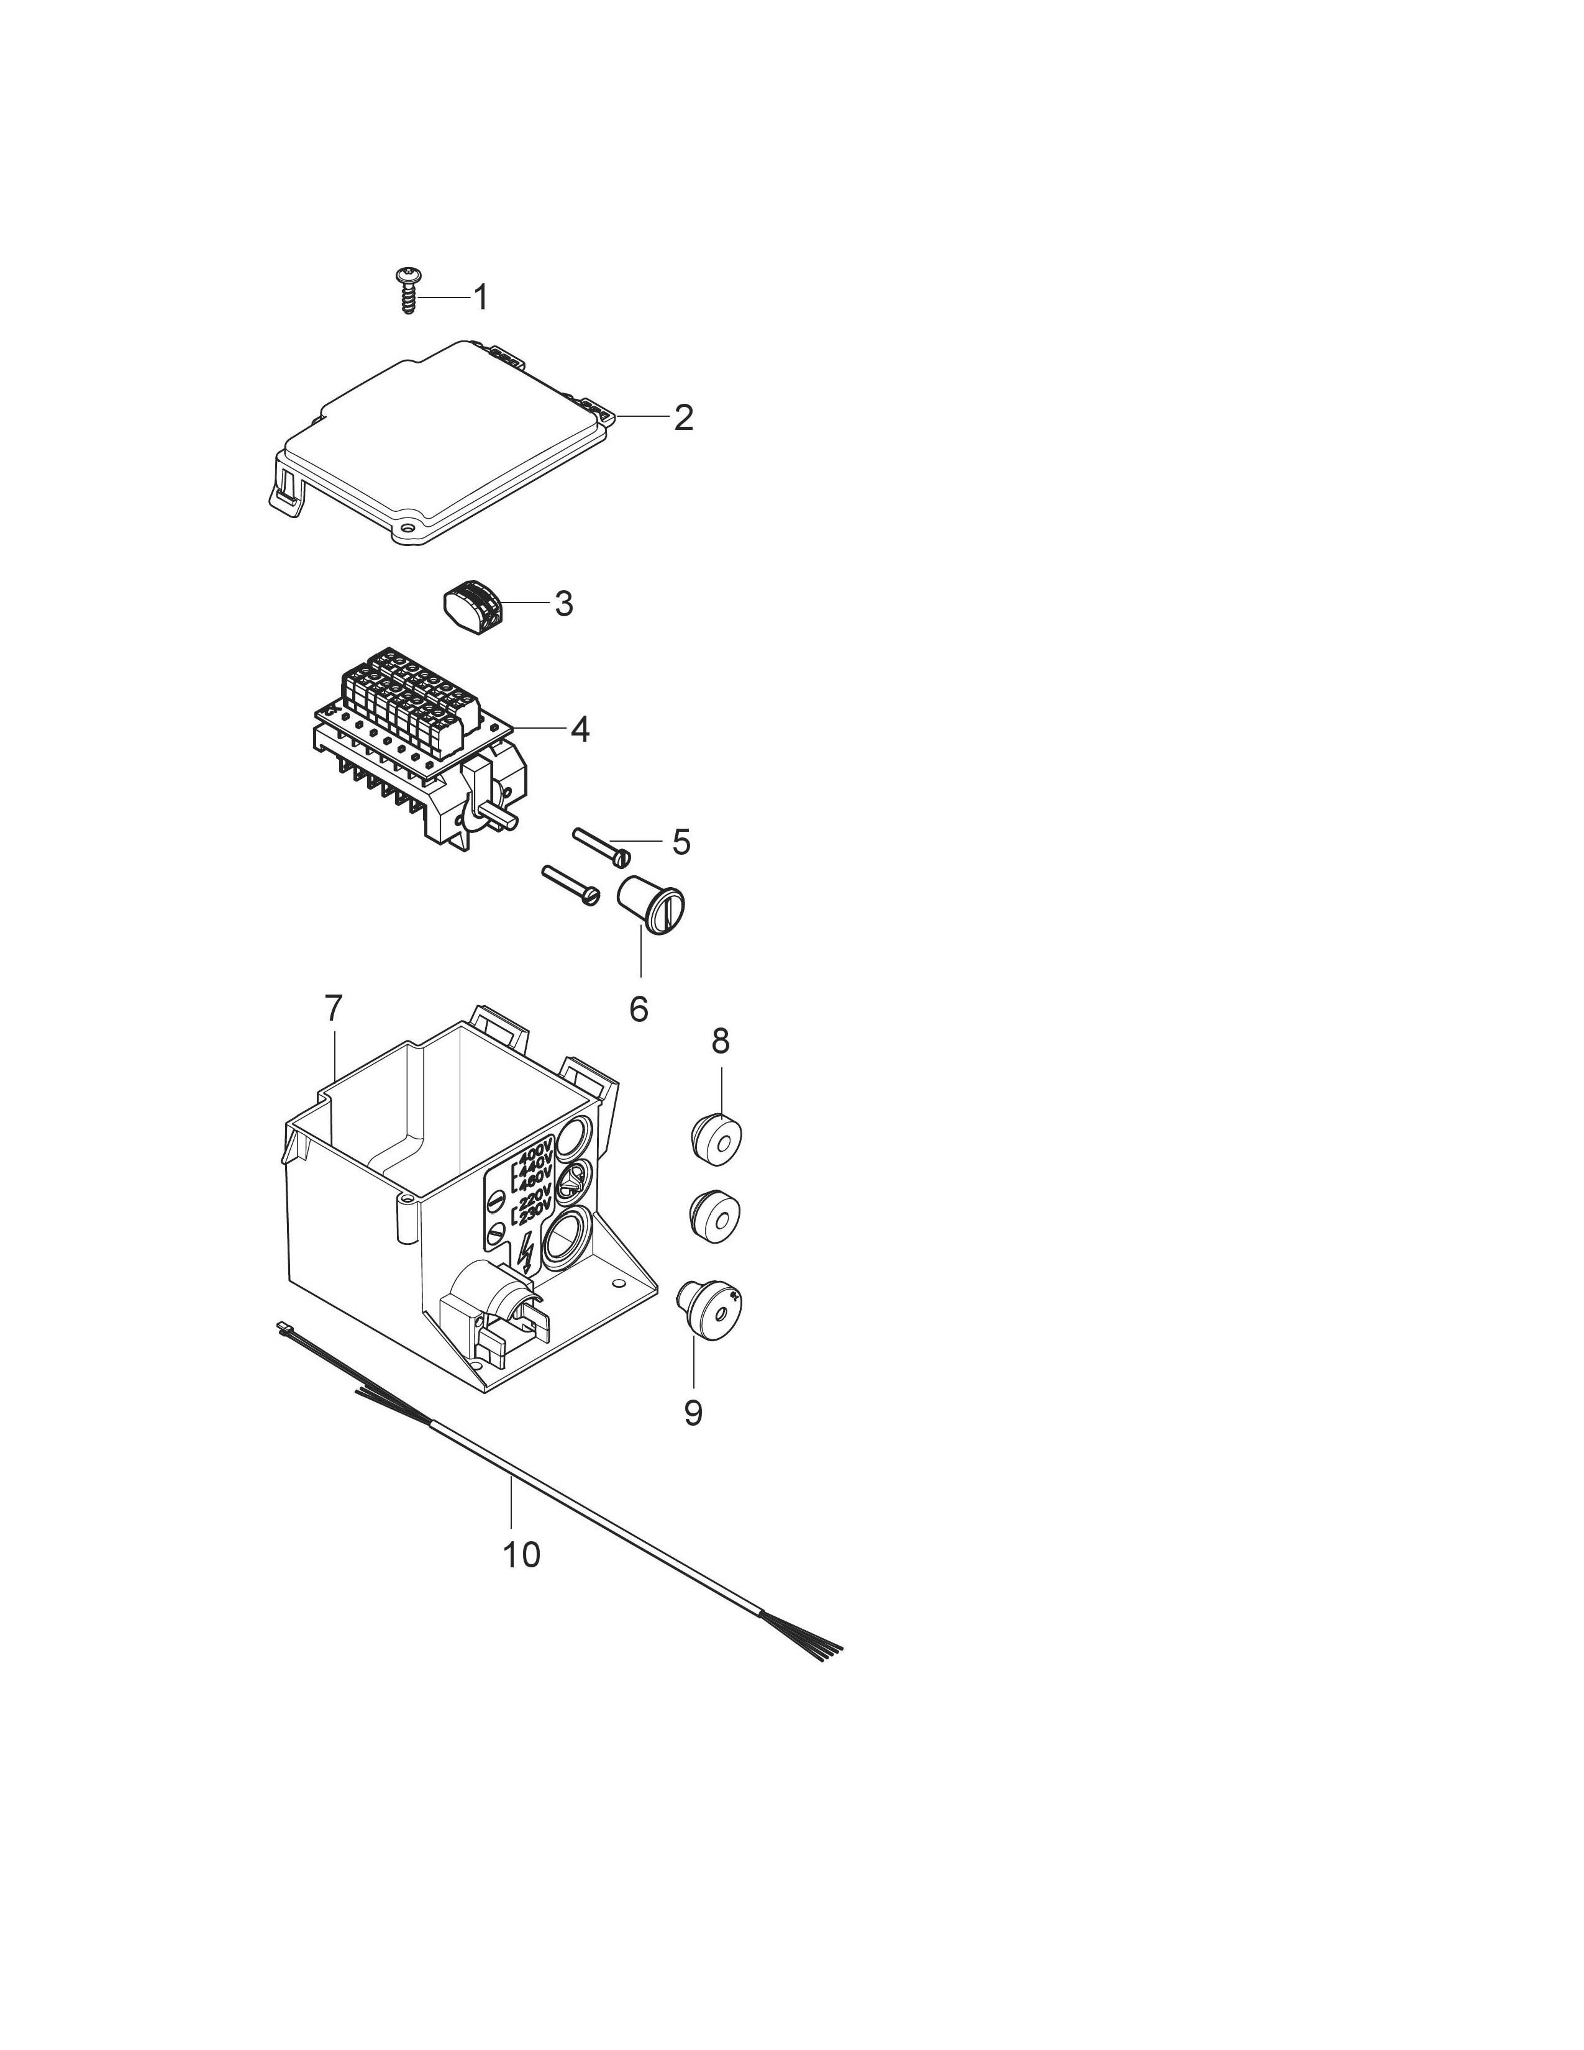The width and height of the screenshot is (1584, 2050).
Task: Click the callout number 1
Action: click(480, 298)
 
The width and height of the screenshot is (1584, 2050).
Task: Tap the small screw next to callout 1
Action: click(408, 290)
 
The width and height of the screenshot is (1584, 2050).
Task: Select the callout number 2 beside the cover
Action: click(683, 417)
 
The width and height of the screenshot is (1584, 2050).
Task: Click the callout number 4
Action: click(580, 729)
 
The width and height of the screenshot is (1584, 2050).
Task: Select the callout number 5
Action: click(681, 842)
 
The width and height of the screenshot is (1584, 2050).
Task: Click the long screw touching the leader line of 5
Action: click(601, 845)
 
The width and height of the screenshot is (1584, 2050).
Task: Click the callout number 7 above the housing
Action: click(334, 1008)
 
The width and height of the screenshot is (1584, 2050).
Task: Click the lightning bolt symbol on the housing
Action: click(526, 1253)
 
